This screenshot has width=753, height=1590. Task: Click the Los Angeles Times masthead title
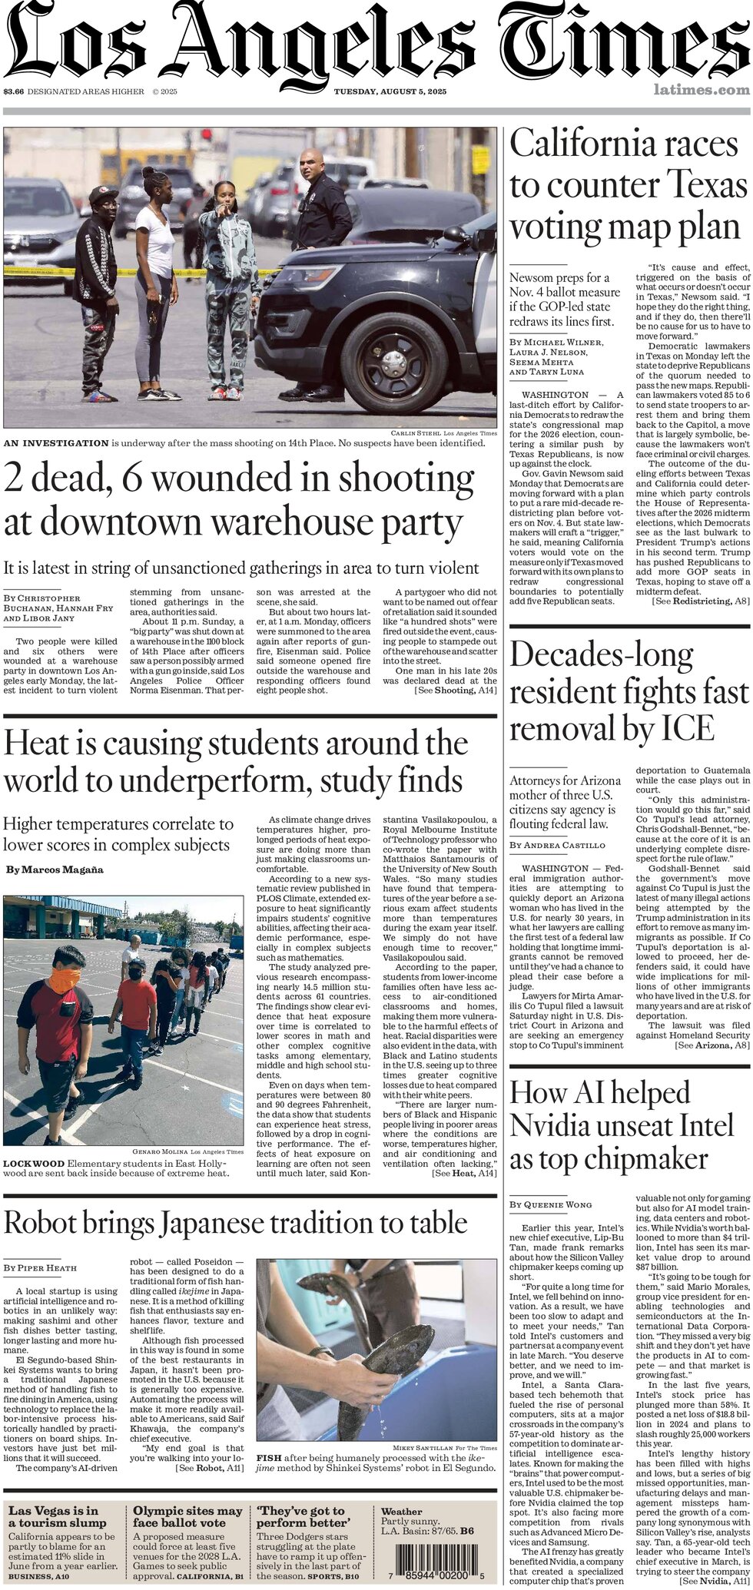coord(376,42)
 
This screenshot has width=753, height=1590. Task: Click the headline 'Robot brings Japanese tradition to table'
coord(235,1222)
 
